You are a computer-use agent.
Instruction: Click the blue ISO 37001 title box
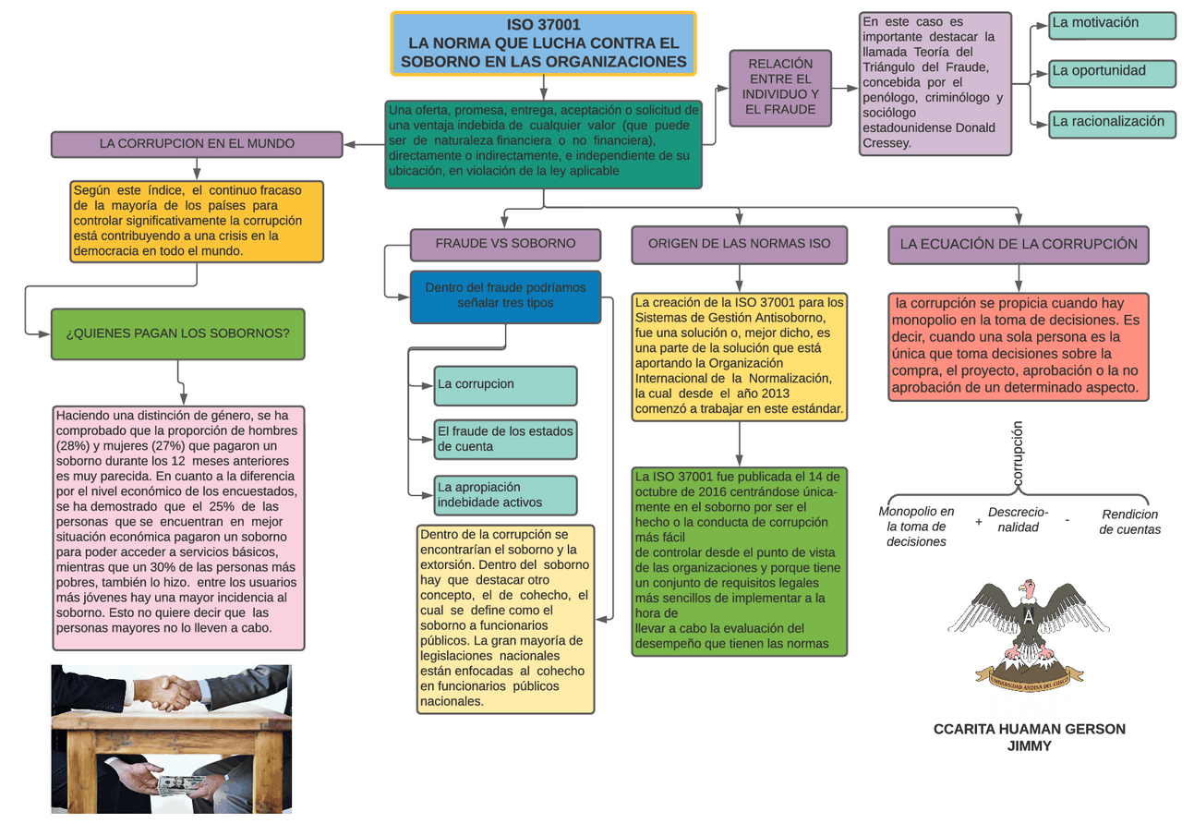tap(544, 43)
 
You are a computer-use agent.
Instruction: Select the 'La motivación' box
tap(1113, 25)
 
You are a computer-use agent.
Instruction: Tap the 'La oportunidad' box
tap(1113, 73)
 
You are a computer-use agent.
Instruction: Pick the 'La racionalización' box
tap(1113, 125)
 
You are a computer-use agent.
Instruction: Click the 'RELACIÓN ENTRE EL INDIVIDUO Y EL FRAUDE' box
tap(780, 88)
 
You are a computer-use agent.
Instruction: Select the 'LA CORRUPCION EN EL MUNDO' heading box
tap(197, 144)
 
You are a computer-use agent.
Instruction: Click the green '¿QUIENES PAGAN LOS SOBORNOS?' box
tap(178, 334)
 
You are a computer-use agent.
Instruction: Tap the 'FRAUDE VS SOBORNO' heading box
tap(505, 245)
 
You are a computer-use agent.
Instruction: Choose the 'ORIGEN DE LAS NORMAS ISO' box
tap(740, 245)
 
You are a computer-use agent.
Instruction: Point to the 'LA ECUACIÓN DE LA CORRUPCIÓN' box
tap(1019, 245)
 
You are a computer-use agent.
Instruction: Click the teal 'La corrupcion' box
tap(505, 386)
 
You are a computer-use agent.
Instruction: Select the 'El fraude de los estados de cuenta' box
tap(505, 439)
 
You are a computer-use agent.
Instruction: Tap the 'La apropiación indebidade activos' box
tap(505, 495)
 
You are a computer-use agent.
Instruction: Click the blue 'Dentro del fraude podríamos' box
tap(505, 297)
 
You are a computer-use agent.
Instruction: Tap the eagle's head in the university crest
tap(1028, 588)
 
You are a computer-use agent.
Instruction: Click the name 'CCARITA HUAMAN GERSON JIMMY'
tap(1029, 737)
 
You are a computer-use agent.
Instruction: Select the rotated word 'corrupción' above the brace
tap(1018, 454)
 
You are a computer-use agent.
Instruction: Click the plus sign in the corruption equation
tap(978, 521)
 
